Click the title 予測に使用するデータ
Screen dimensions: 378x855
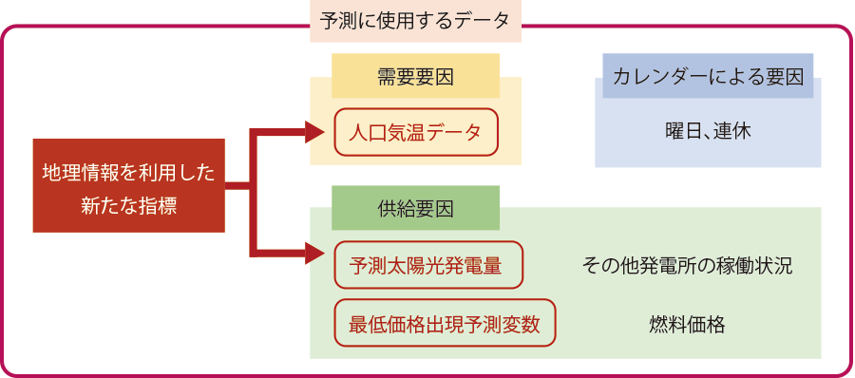(415, 19)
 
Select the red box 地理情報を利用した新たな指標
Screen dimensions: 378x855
(128, 186)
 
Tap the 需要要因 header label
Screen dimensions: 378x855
(415, 76)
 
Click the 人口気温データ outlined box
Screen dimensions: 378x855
(415, 132)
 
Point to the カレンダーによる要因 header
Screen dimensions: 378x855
(708, 77)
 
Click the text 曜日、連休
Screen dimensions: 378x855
(708, 132)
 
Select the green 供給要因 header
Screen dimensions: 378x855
(415, 208)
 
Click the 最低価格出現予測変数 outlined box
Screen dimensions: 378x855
(445, 324)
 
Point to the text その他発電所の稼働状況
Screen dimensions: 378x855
(686, 266)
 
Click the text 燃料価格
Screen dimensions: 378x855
(686, 325)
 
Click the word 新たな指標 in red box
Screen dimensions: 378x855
(128, 203)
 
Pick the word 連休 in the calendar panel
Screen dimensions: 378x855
(732, 132)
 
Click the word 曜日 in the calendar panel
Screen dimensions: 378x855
(680, 132)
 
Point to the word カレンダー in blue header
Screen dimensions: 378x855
(661, 77)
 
